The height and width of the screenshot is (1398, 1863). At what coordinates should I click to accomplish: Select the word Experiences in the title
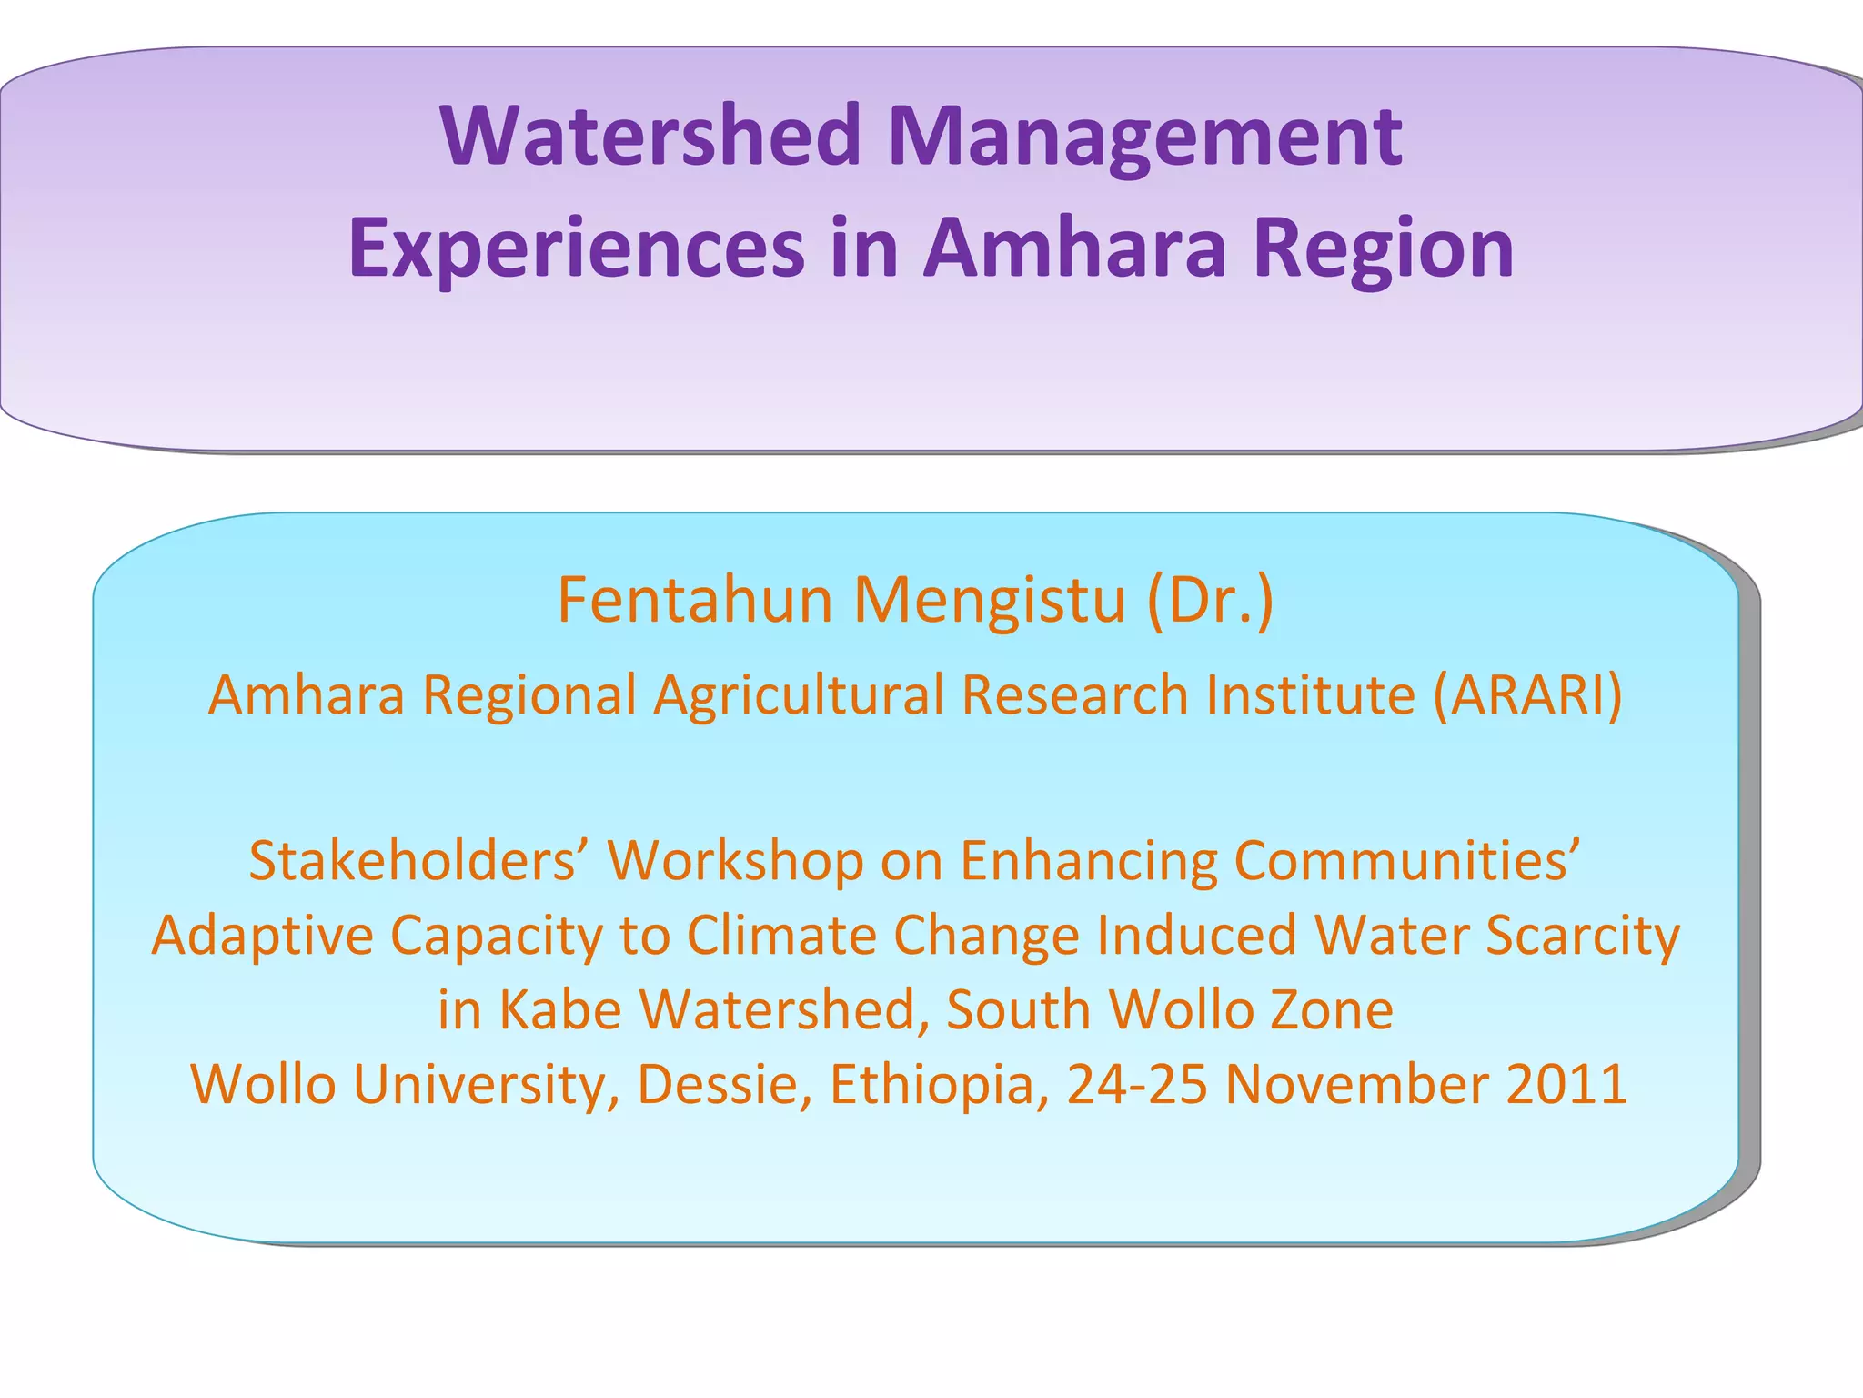tap(577, 248)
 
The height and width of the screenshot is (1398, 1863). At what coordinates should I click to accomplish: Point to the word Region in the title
tap(1383, 248)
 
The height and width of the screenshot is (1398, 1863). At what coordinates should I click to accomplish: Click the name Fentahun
tap(696, 601)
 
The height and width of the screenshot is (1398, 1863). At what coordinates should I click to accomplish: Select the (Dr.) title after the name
tap(1210, 601)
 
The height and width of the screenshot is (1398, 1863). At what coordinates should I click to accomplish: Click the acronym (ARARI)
tap(1527, 695)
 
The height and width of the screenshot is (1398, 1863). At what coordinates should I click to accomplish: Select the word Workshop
tap(735, 860)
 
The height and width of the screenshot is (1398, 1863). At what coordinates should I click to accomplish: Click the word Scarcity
tap(1583, 935)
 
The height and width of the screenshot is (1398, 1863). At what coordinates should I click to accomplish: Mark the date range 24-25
tap(1137, 1084)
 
